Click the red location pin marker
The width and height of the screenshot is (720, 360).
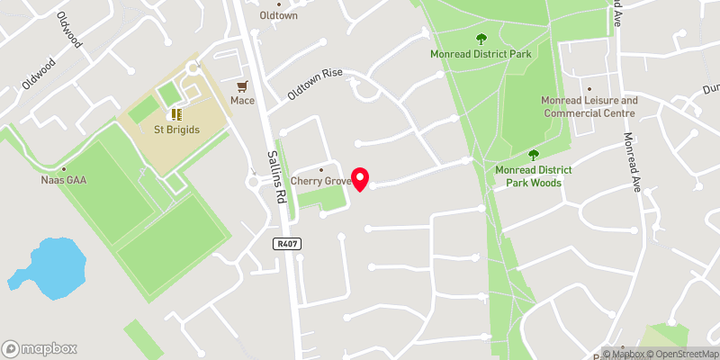pyautogui.click(x=360, y=178)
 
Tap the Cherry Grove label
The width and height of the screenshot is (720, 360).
pyautogui.click(x=320, y=180)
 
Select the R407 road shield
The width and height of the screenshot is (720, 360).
pyautogui.click(x=286, y=243)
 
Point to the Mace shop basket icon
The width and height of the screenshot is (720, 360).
pyautogui.click(x=242, y=86)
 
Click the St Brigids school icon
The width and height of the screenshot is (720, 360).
pyautogui.click(x=175, y=114)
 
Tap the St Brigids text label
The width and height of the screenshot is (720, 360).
pyautogui.click(x=176, y=130)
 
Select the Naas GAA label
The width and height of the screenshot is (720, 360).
pyautogui.click(x=64, y=180)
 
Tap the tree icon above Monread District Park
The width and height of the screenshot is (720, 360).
pyautogui.click(x=481, y=39)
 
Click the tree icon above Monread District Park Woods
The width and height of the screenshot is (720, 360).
pyautogui.click(x=533, y=155)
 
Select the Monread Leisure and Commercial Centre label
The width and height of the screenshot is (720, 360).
pyautogui.click(x=589, y=107)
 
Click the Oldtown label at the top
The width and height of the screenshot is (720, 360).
pyautogui.click(x=278, y=15)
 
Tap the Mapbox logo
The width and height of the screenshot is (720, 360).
pyautogui.click(x=40, y=349)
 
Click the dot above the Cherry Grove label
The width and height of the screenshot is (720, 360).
pyautogui.click(x=321, y=168)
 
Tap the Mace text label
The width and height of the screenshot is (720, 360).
pyautogui.click(x=243, y=101)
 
